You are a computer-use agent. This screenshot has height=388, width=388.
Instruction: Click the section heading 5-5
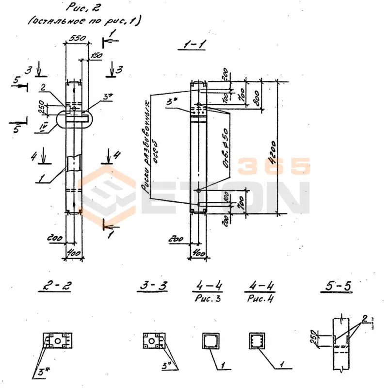click(x=336, y=287)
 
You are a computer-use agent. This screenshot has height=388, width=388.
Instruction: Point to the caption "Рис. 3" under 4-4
click(x=209, y=299)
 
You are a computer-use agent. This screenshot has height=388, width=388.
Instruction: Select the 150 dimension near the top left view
click(x=96, y=56)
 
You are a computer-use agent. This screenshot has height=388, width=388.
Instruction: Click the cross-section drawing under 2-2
click(x=58, y=340)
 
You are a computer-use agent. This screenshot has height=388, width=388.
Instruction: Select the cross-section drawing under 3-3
click(x=155, y=340)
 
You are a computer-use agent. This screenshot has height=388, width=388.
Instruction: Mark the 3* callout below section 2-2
click(x=37, y=373)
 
